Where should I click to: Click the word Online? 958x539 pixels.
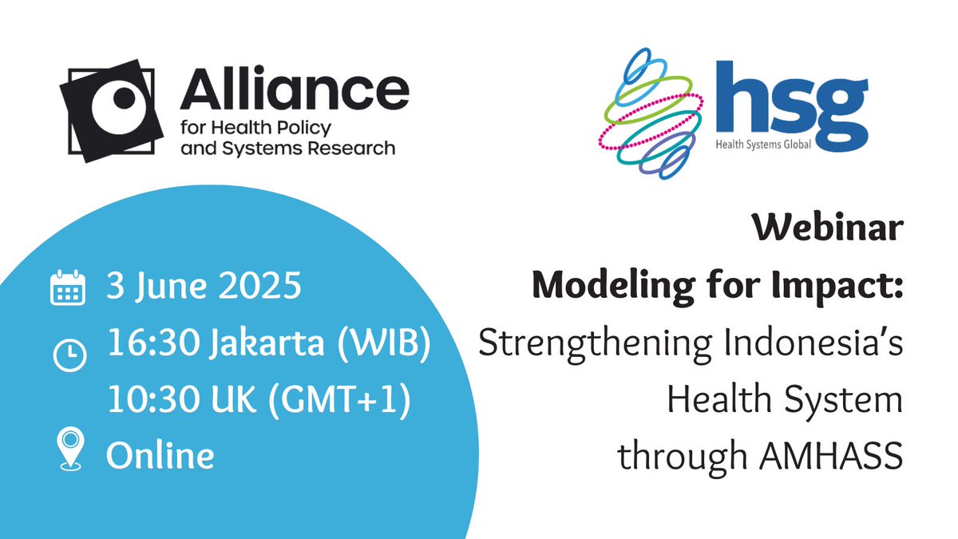(160, 456)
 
